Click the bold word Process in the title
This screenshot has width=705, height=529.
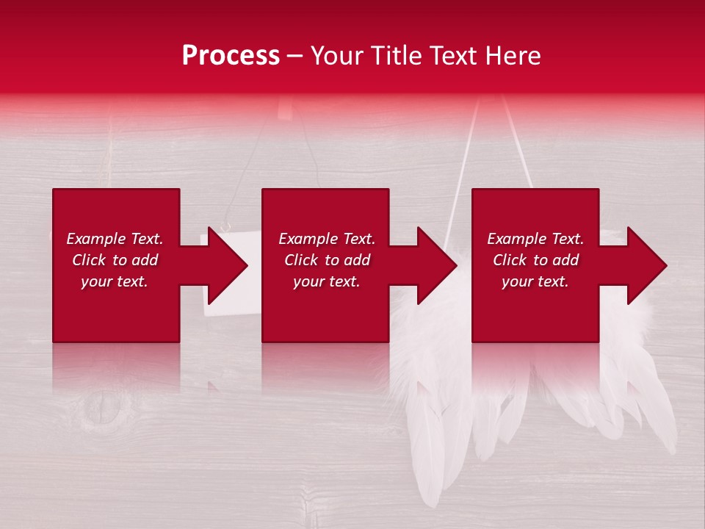231,56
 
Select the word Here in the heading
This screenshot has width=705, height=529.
513,56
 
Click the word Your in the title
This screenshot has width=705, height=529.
338,56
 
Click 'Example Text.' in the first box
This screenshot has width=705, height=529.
115,239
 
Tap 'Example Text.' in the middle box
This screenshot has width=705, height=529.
327,239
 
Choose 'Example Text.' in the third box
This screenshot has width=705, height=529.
535,239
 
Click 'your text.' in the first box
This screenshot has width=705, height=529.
115,281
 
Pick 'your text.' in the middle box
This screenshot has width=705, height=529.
327,281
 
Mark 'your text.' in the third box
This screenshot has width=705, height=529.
535,281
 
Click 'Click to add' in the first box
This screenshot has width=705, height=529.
115,260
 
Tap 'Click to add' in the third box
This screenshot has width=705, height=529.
535,260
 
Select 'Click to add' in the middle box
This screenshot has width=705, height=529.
327,260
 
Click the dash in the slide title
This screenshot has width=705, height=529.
295,57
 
